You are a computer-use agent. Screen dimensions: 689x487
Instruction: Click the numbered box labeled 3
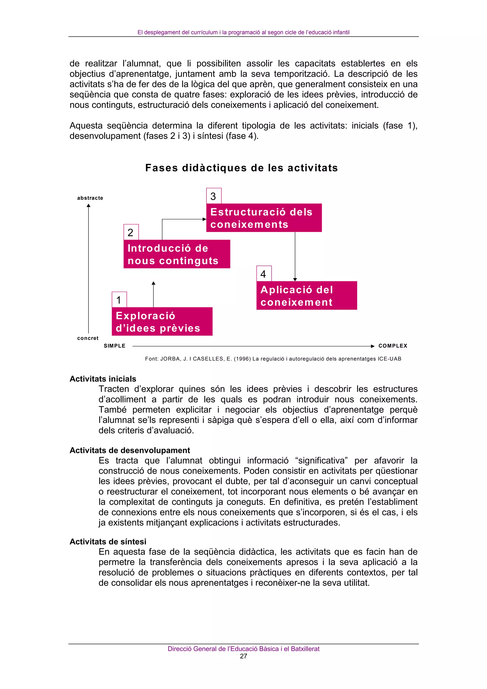[x=214, y=196]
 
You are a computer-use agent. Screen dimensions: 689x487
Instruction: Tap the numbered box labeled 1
[x=119, y=300]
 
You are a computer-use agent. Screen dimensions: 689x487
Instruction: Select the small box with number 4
[x=264, y=274]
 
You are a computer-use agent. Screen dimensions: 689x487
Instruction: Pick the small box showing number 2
[x=131, y=232]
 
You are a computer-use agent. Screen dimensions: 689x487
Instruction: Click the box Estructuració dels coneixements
[x=264, y=218]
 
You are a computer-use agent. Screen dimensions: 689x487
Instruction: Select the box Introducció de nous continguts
[x=176, y=254]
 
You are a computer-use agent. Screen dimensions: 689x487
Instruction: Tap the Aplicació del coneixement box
[x=306, y=295]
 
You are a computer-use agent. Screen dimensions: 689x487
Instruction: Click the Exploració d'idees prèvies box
[x=162, y=321]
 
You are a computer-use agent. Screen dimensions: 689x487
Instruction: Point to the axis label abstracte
[x=90, y=198]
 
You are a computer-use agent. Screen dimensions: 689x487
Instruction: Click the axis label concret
[x=88, y=338]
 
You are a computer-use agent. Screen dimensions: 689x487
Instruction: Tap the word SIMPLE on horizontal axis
[x=114, y=346]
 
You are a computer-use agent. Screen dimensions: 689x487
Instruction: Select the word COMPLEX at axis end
[x=393, y=346]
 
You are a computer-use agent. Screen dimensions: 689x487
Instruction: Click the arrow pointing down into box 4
[x=295, y=279]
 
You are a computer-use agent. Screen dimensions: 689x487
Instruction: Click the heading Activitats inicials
[x=103, y=379]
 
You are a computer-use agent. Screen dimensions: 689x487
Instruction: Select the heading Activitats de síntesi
[x=108, y=541]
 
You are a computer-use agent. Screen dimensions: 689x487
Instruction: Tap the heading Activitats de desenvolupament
[x=130, y=450]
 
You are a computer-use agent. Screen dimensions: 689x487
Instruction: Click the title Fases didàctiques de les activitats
[x=241, y=168]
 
